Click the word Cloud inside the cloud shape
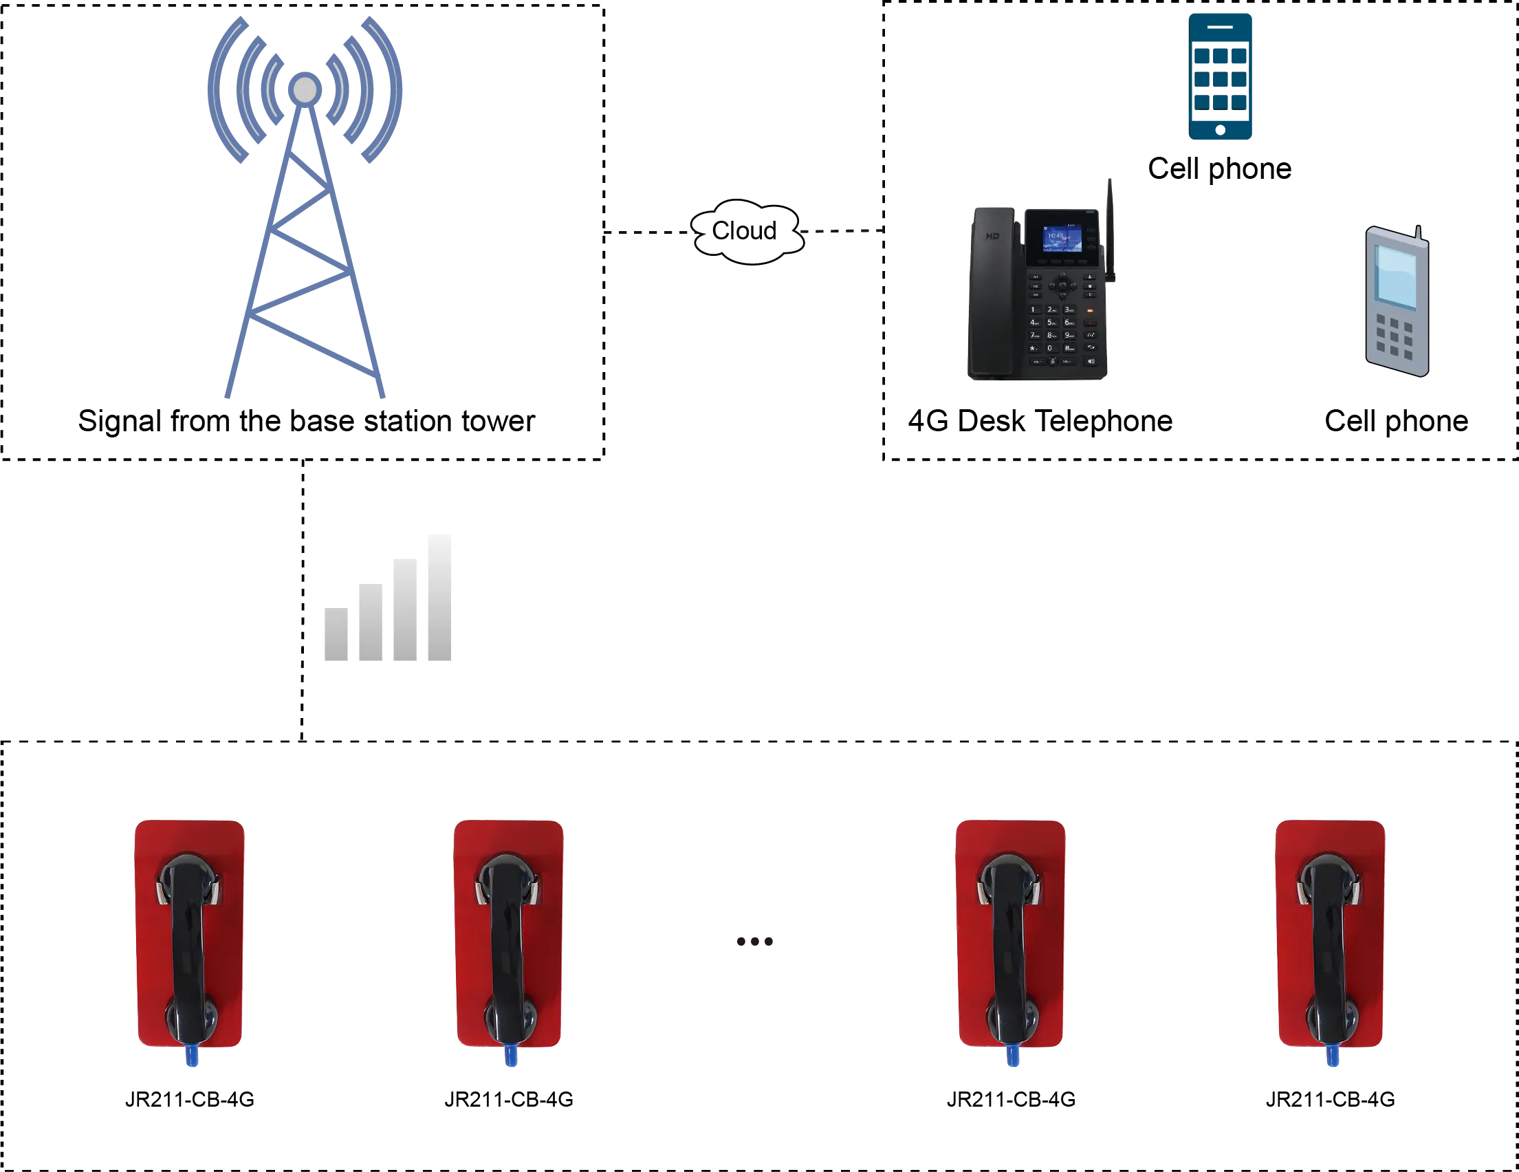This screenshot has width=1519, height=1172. [x=743, y=230]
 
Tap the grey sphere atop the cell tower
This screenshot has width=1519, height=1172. [x=305, y=89]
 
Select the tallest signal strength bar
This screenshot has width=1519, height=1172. [x=437, y=599]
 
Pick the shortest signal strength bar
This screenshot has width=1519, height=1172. [x=338, y=634]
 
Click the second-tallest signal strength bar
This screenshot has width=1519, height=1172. [x=404, y=610]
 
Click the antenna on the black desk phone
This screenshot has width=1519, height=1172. [x=1111, y=230]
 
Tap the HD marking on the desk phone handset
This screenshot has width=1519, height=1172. [x=992, y=237]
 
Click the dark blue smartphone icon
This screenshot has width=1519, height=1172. [x=1221, y=76]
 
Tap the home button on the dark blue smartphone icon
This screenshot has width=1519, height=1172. [x=1221, y=130]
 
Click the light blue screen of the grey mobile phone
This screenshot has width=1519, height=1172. [x=1396, y=275]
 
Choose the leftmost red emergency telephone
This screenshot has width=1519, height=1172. [x=190, y=935]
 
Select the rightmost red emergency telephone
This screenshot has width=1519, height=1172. [x=1330, y=935]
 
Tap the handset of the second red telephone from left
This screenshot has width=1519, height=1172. [x=509, y=946]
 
